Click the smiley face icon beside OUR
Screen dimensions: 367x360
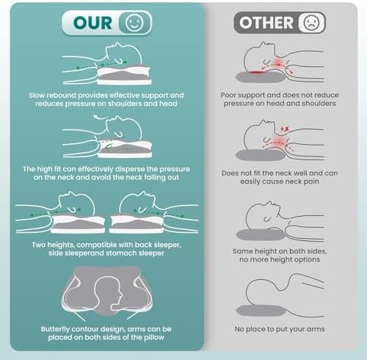[x=134, y=23]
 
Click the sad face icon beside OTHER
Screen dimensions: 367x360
[x=311, y=23]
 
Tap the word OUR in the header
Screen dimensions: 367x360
[x=92, y=23]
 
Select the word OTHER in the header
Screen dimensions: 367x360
[x=266, y=23]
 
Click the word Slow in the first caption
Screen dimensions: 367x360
[x=37, y=96]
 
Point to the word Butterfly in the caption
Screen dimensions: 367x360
[x=55, y=329]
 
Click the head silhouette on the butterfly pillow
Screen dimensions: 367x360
[x=108, y=293]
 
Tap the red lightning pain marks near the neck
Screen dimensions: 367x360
[x=285, y=129]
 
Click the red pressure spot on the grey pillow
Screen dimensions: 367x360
[x=255, y=72]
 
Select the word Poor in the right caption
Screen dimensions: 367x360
[x=228, y=95]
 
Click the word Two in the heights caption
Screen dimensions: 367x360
[x=38, y=245]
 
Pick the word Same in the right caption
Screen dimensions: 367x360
[x=241, y=251]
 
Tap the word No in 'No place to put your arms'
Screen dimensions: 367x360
[x=239, y=329]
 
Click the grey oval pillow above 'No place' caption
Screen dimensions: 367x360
[x=261, y=311]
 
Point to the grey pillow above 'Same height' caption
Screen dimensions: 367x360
[x=261, y=234]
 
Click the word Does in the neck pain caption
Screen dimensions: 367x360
[x=230, y=173]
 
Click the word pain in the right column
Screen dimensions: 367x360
[x=312, y=181]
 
